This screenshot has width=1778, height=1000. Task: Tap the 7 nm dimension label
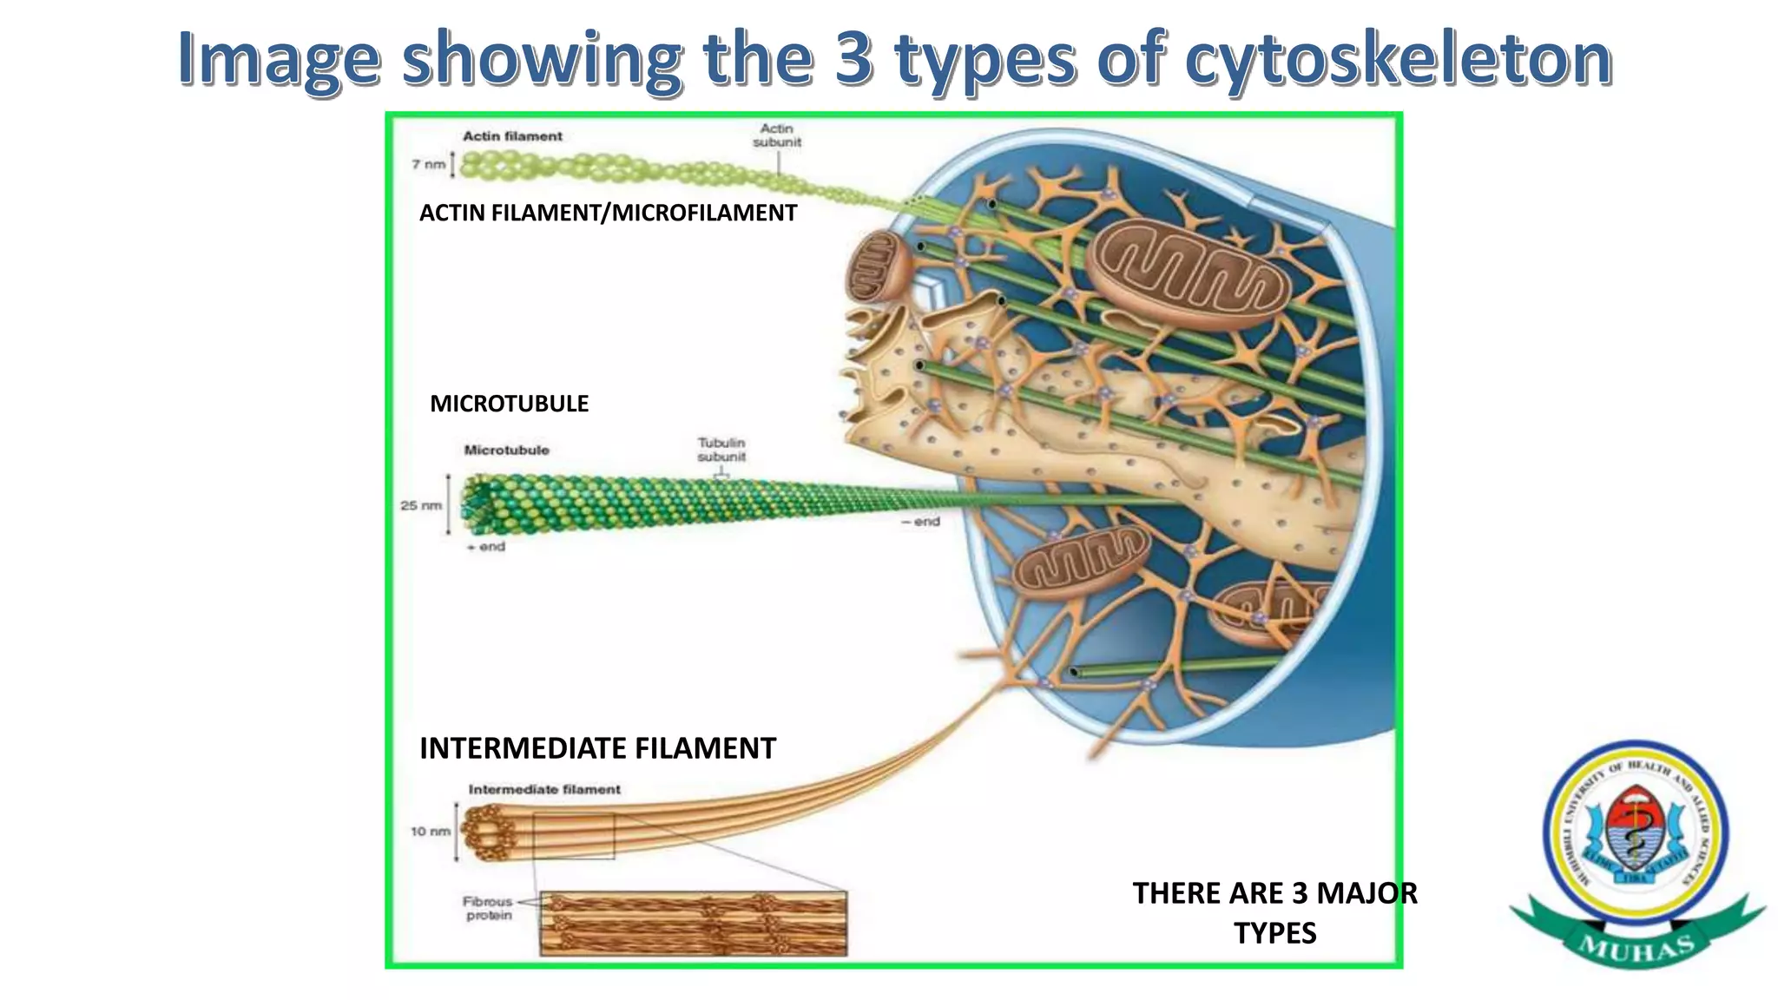point(429,164)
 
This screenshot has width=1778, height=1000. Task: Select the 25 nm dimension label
point(421,505)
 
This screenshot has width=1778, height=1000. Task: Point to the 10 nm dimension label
point(431,832)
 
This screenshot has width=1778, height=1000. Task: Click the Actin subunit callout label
point(777,135)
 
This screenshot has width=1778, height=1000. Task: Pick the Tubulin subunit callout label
point(721,450)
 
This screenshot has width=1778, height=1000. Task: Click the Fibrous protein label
point(488,909)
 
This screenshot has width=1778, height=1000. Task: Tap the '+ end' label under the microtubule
point(486,547)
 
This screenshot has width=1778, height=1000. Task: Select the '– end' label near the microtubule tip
point(921,522)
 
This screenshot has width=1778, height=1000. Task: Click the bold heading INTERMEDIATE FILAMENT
point(597,748)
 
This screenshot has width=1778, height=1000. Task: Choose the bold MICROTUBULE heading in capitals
point(509,404)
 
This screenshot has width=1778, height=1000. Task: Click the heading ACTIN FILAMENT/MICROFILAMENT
point(608,213)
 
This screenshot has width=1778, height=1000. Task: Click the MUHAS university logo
point(1636,851)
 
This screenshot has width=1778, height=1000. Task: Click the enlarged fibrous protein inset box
point(693,924)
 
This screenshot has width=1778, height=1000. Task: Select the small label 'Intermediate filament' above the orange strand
point(544,790)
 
